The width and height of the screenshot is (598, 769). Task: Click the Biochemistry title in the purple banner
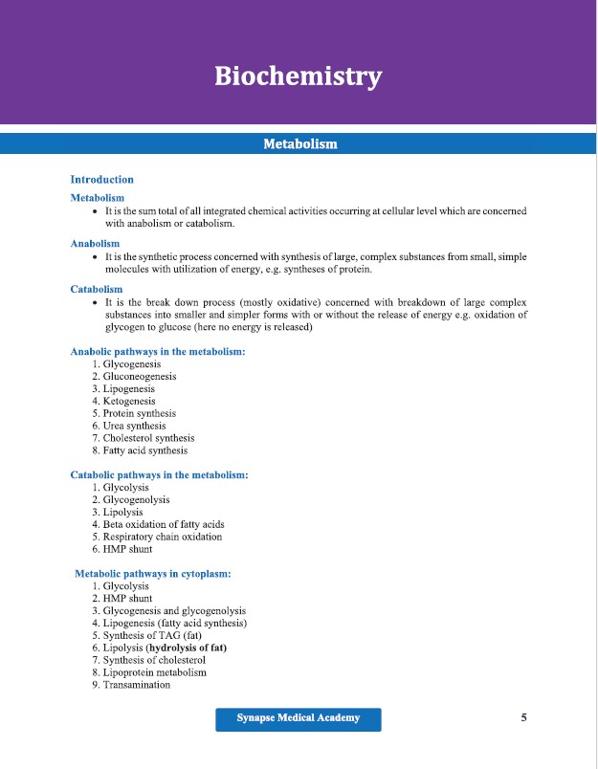click(x=299, y=76)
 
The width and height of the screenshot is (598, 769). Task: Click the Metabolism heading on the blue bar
click(x=299, y=143)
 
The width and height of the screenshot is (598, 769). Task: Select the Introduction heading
click(x=102, y=179)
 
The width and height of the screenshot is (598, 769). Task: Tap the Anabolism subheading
click(x=95, y=244)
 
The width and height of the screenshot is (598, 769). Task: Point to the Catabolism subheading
click(x=97, y=289)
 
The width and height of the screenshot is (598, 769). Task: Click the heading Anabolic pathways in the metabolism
click(x=158, y=351)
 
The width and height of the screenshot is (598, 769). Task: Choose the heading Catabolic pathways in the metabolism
click(x=160, y=474)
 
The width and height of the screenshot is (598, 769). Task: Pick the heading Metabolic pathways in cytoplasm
click(x=153, y=574)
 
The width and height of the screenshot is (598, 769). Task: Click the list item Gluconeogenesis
click(x=140, y=377)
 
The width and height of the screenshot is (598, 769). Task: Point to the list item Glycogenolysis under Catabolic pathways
click(x=137, y=500)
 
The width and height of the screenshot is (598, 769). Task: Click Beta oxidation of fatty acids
click(x=164, y=524)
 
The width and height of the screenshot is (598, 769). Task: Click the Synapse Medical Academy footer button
click(x=299, y=718)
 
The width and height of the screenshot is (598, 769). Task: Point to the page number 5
click(x=523, y=717)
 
